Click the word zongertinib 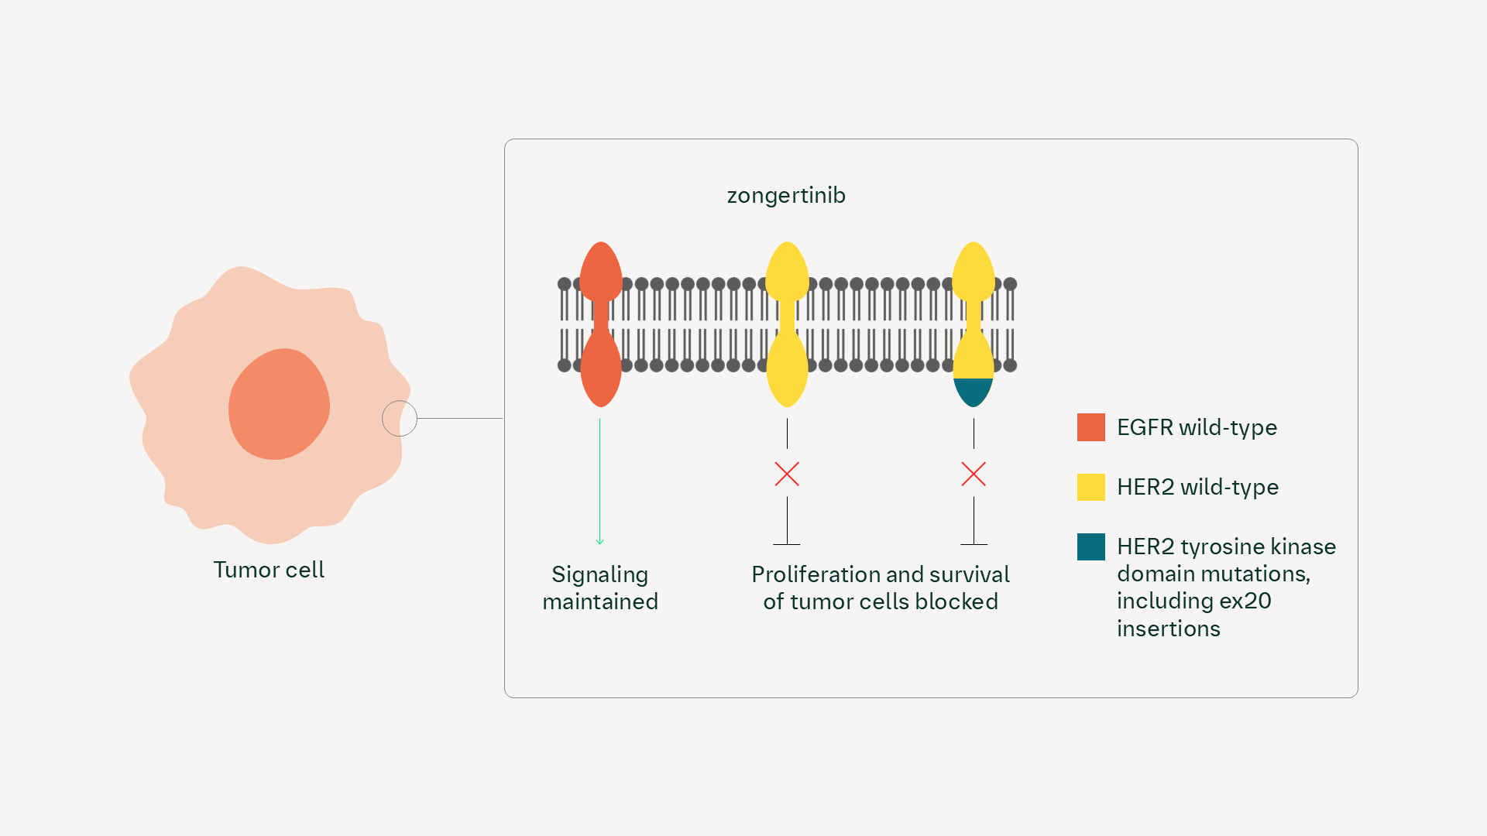785,195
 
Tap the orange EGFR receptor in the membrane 600,324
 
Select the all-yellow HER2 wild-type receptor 787,324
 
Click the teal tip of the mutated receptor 973,391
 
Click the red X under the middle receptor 787,474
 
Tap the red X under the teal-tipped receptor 974,474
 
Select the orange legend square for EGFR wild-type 1090,427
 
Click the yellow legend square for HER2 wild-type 1090,487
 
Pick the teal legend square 1090,546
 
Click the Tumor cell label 269,570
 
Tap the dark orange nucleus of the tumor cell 279,404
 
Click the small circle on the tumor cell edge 400,419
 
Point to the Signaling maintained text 600,588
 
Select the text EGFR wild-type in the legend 1197,427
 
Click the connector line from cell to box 460,419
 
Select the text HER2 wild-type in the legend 1197,487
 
